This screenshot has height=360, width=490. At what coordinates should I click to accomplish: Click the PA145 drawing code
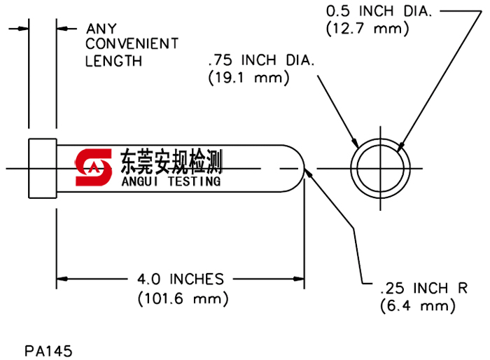click(x=48, y=348)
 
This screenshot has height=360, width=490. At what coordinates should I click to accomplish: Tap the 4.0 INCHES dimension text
click(x=181, y=279)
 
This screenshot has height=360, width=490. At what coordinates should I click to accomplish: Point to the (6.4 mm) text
click(x=418, y=305)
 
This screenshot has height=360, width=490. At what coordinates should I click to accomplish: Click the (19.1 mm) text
click(x=248, y=78)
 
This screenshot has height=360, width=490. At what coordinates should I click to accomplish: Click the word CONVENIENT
click(x=132, y=44)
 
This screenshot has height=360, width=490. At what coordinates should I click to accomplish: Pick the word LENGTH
click(x=113, y=61)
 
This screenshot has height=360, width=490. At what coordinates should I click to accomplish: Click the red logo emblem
click(x=94, y=167)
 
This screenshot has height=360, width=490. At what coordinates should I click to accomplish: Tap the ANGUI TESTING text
click(x=171, y=181)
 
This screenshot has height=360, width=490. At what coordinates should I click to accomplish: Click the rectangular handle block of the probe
click(x=42, y=168)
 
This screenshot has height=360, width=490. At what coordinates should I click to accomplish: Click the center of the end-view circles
click(x=380, y=168)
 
